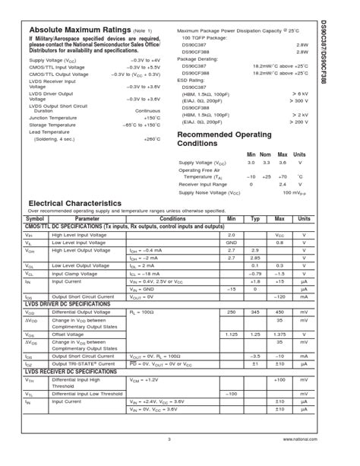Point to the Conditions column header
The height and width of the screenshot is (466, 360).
tap(172, 218)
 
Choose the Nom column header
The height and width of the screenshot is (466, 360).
tap(266, 154)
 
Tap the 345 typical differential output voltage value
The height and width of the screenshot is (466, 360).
tap(255, 312)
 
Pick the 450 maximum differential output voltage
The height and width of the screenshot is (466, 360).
tap(279, 312)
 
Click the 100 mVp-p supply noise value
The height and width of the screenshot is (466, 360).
tap(293, 192)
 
